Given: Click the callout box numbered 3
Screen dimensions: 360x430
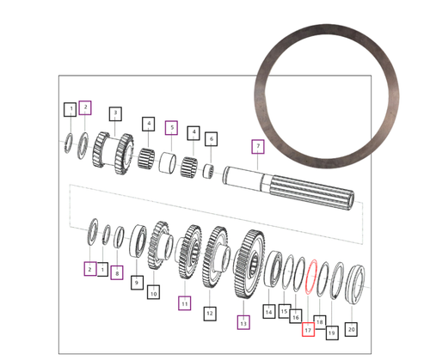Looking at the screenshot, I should pos(114,113).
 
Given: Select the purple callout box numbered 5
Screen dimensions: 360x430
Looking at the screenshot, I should pos(171,128).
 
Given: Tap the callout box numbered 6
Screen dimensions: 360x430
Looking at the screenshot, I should pos(211,138).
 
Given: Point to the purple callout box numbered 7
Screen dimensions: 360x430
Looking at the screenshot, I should pos(255,146).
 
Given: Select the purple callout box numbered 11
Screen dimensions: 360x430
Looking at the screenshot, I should pos(184,302).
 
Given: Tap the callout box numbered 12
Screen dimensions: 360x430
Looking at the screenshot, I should pos(209,313).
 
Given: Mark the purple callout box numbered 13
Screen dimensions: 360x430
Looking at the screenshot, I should pos(243,323).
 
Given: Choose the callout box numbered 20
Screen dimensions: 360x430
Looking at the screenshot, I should pos(350,328).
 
